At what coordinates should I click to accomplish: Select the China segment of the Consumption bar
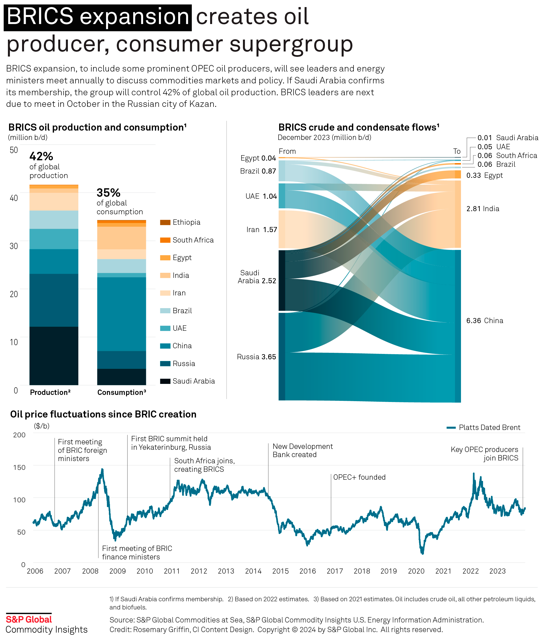point(122,314)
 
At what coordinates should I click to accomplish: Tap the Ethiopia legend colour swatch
point(165,222)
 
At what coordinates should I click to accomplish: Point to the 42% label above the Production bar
point(41,156)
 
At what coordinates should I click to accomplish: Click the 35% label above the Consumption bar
point(108,193)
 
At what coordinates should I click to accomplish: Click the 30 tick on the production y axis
point(14,246)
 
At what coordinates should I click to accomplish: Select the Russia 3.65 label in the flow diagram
point(256,357)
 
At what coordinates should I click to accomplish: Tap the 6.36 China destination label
point(484,321)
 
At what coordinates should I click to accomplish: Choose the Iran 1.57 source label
point(261,230)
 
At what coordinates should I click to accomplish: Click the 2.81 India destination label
point(482,209)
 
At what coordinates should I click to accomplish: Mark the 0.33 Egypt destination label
point(484,175)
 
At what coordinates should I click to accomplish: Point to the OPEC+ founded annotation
point(359,477)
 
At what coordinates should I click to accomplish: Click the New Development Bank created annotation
point(302,451)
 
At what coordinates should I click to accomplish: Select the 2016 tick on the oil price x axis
point(307,571)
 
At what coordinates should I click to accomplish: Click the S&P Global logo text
point(29,619)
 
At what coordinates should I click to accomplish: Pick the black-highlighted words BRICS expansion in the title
point(98,17)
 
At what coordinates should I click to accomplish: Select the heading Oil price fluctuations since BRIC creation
point(103,414)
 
